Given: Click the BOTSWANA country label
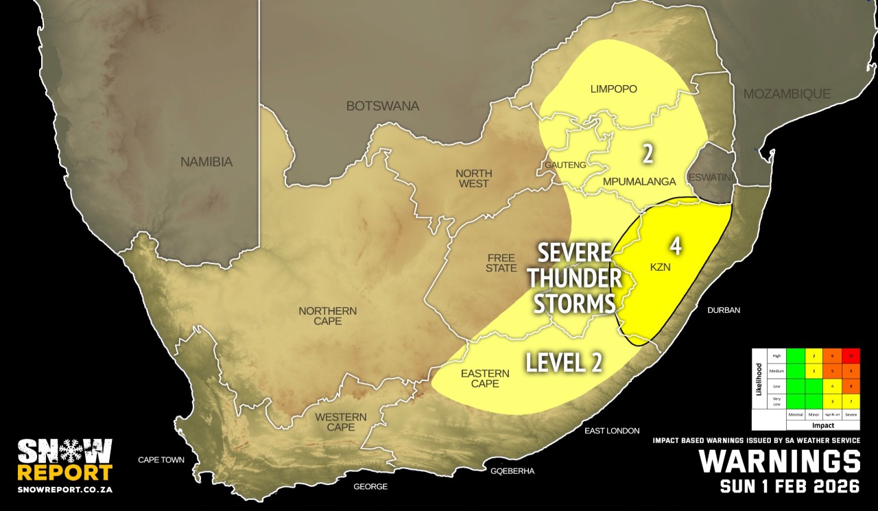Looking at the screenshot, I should pyautogui.click(x=382, y=106).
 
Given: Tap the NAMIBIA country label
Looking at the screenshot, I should pyautogui.click(x=206, y=163).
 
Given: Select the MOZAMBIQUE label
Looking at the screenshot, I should pyautogui.click(x=787, y=93).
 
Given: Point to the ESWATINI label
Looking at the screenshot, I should pyautogui.click(x=711, y=178).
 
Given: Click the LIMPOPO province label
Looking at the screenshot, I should pyautogui.click(x=614, y=89).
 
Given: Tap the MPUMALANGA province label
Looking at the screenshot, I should pyautogui.click(x=639, y=181).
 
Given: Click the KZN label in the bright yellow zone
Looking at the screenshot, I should pyautogui.click(x=661, y=267).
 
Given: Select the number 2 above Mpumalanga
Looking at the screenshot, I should pyautogui.click(x=647, y=154).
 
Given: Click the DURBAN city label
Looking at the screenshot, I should pyautogui.click(x=724, y=310).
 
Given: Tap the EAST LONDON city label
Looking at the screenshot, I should pyautogui.click(x=613, y=431).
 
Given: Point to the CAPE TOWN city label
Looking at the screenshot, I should pyautogui.click(x=161, y=460).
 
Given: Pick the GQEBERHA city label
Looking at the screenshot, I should pyautogui.click(x=512, y=471).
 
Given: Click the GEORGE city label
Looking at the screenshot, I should pyautogui.click(x=370, y=486).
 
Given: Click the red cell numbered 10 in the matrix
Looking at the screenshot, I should pyautogui.click(x=850, y=355).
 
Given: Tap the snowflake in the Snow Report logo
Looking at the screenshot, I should pyautogui.click(x=64, y=451).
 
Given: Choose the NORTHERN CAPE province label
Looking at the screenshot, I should pyautogui.click(x=327, y=316).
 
